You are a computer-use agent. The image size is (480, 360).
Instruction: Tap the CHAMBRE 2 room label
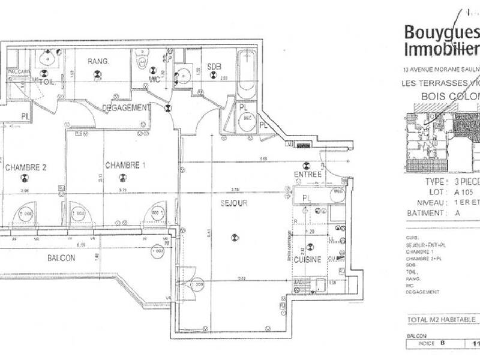[x=26, y=167]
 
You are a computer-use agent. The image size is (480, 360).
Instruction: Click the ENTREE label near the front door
[x=308, y=175]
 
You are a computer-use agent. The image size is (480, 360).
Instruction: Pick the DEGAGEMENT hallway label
[x=125, y=107]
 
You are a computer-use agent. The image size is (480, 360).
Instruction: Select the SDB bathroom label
[x=214, y=65]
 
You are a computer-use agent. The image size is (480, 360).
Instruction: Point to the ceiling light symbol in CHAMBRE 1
[x=123, y=176]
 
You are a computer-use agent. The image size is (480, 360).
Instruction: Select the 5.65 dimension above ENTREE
[x=263, y=158]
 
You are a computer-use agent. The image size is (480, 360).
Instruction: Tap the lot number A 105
[x=464, y=193]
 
